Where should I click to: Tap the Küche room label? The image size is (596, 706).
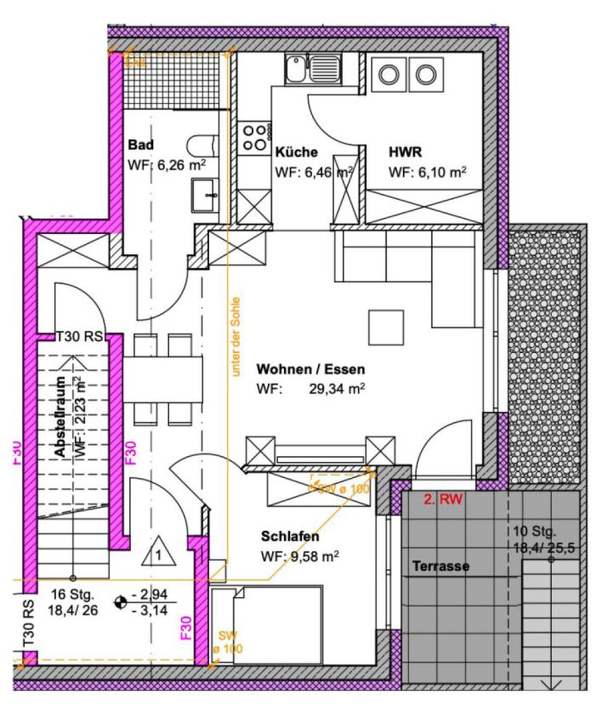297,152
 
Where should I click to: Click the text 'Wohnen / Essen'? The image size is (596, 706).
310,370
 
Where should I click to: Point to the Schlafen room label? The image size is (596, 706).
290,537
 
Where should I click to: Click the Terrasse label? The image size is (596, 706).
440,566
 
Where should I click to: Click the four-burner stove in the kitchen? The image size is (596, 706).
254,138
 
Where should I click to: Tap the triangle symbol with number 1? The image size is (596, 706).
156,554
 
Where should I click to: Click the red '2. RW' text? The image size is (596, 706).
443,500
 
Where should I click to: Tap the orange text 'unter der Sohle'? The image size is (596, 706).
236,335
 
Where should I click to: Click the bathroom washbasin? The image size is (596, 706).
204,194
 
